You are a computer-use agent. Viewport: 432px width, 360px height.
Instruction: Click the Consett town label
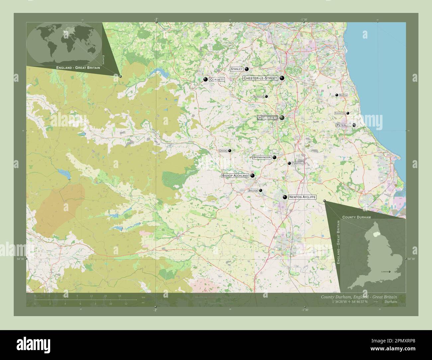217,80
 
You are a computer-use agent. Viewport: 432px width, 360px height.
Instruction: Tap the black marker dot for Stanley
247,69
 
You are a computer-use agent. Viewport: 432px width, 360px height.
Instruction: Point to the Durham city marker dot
282,118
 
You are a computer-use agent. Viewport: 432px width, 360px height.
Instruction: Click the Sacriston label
258,96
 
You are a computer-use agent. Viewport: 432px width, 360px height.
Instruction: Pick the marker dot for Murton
337,95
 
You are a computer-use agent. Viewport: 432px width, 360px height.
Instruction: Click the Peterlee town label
343,125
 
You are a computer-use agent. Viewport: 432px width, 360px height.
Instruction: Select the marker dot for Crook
230,150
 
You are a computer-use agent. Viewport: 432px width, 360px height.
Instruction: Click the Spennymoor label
262,157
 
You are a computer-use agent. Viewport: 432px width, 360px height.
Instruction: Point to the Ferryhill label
298,163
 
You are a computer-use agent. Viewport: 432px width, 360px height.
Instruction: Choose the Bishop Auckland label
235,176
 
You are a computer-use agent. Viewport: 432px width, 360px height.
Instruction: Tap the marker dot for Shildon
261,190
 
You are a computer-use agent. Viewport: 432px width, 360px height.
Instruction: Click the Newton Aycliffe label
302,197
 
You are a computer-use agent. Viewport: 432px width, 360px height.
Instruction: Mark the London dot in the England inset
390,272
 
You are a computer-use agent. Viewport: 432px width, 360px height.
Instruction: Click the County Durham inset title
356,217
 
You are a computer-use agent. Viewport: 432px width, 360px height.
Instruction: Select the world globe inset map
64,44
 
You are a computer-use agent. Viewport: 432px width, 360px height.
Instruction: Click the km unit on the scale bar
143,297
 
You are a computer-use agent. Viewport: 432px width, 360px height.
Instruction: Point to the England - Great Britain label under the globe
76,68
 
